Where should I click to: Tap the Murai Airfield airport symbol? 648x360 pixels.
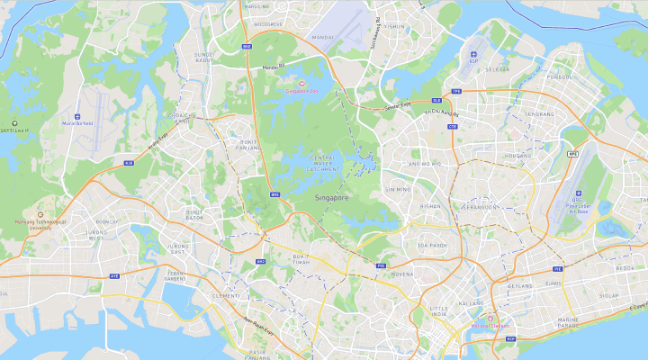(77, 116)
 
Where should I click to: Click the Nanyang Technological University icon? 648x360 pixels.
(40, 214)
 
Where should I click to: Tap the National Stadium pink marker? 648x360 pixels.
(490, 319)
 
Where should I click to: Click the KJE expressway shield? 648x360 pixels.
(129, 163)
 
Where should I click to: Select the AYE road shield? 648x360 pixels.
(114, 275)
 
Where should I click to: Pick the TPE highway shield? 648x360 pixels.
(456, 91)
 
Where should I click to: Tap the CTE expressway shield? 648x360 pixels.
(452, 126)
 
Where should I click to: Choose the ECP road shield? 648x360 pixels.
(510, 339)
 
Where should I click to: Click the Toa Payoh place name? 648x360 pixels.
(432, 245)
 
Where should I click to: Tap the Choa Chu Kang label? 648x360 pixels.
(184, 118)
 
